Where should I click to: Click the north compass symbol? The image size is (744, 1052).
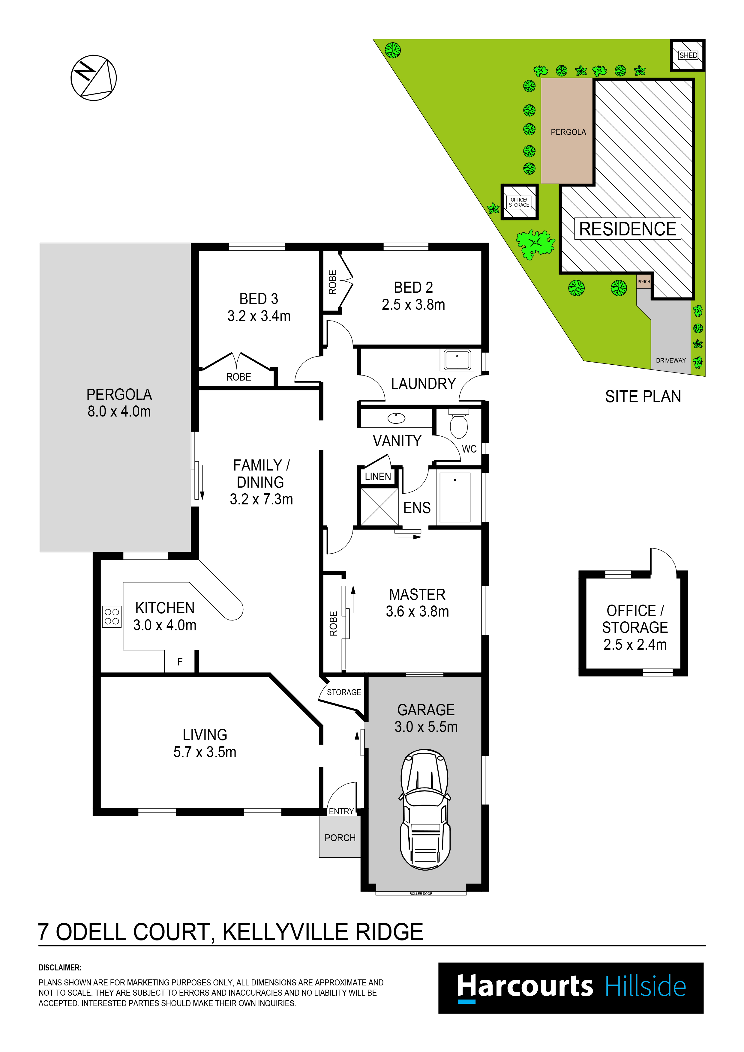point(94,78)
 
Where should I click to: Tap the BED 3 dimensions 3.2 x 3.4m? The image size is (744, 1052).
point(259,316)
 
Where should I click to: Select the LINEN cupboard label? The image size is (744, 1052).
point(378,477)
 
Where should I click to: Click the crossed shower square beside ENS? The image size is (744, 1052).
point(379,507)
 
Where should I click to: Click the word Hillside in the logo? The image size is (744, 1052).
point(645,987)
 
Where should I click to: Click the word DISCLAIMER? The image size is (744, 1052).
point(60,968)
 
